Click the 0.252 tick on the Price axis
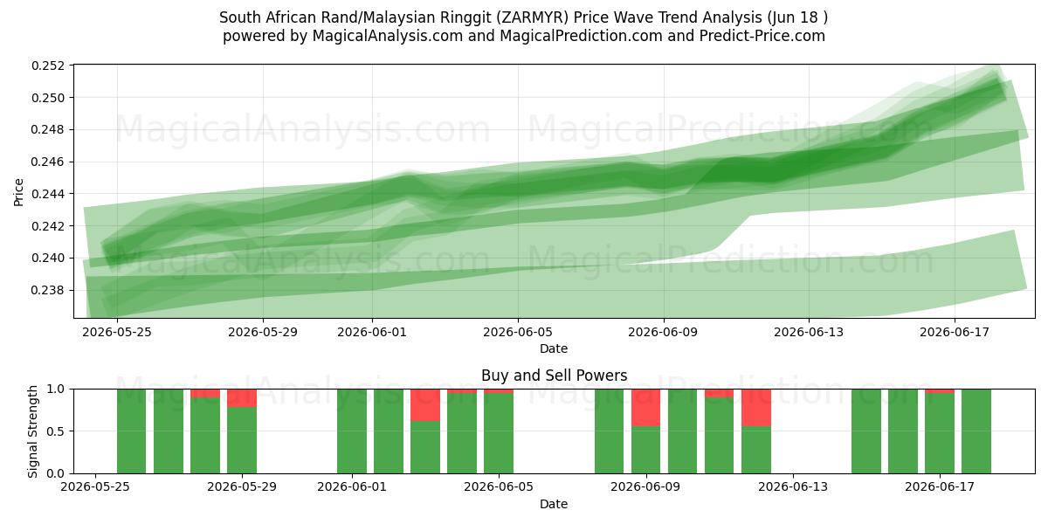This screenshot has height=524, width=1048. [x=48, y=66]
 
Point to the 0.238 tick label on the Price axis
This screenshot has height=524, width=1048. [x=48, y=291]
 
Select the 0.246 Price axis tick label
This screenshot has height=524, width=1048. [x=48, y=162]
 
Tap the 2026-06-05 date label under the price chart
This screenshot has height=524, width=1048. [x=517, y=332]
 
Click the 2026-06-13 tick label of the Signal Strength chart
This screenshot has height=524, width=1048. [x=793, y=487]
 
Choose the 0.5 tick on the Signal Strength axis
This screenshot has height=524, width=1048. [x=56, y=431]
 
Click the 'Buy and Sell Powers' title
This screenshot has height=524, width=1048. [x=554, y=376]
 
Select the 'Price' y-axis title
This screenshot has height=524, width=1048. [x=18, y=192]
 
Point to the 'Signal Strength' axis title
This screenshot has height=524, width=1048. [x=32, y=431]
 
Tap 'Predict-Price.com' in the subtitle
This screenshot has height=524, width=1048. [x=762, y=36]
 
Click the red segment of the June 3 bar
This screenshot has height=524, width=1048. [x=425, y=405]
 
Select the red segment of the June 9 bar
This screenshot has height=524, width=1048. [x=645, y=408]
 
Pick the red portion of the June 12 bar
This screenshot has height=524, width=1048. [x=756, y=408]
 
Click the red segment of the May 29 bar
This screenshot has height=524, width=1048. [x=242, y=398]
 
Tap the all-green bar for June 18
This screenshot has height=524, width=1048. [x=976, y=431]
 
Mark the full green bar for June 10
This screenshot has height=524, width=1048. [x=683, y=431]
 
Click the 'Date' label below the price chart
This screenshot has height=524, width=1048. [x=554, y=348]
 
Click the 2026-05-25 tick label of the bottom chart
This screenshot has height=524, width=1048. [x=95, y=487]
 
